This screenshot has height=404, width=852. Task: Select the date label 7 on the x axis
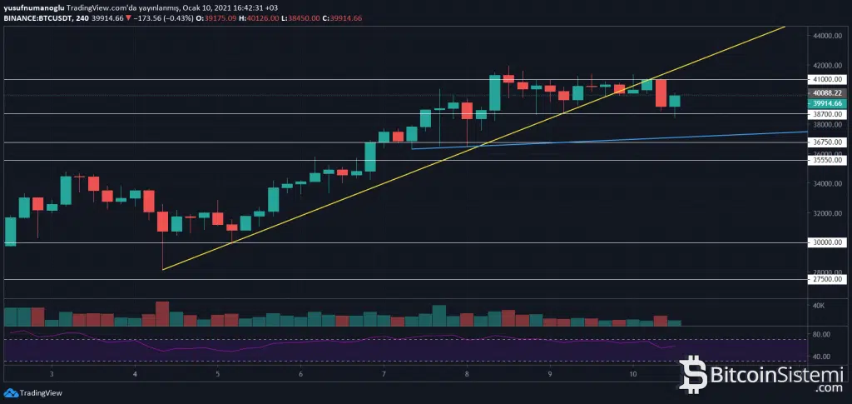[384, 374]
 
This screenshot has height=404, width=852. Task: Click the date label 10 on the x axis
[633, 374]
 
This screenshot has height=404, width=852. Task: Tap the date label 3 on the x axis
[52, 374]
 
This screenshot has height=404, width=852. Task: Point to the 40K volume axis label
[819, 307]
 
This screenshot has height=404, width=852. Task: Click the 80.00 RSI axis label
[822, 335]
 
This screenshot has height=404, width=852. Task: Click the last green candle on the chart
[675, 101]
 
